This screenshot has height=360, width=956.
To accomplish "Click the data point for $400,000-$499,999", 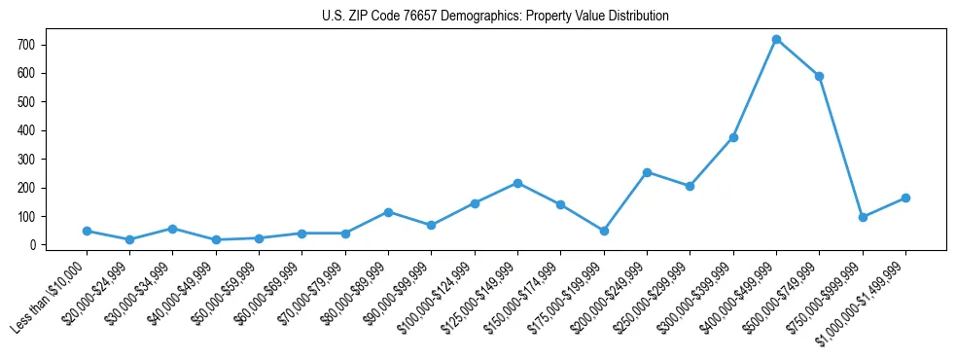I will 776,40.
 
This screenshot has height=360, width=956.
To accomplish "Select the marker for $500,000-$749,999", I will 819,76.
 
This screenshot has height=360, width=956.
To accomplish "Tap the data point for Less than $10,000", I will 87,231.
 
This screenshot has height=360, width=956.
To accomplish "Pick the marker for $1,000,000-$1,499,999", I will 905,198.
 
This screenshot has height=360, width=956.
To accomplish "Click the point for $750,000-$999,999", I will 863,217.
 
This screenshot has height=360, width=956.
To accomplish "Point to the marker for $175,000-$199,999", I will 604,231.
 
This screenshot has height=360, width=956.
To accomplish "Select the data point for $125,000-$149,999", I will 517,183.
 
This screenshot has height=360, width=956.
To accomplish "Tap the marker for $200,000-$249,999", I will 647,172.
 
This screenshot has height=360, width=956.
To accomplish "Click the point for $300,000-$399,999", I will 733,137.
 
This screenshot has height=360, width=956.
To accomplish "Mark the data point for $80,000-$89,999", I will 388,212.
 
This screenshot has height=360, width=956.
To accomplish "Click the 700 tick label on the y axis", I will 26,45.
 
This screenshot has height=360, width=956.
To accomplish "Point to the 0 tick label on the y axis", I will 32,245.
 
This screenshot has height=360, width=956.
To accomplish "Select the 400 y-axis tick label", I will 26,130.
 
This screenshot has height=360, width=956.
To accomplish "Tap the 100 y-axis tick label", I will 26,217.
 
